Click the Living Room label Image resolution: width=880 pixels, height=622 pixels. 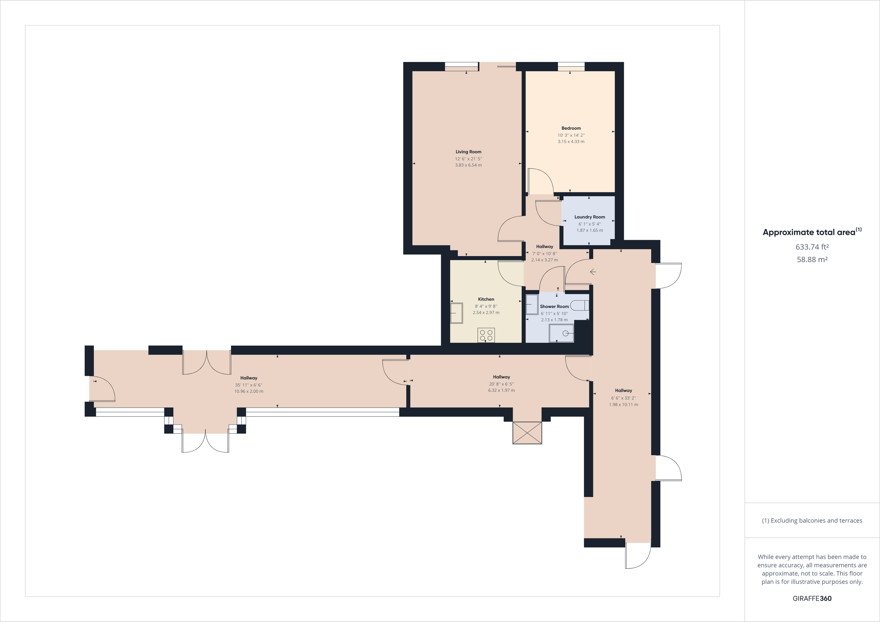[x=468, y=152]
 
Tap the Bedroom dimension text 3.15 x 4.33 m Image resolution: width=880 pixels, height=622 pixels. [x=571, y=141]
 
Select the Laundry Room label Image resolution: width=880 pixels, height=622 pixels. [x=590, y=217]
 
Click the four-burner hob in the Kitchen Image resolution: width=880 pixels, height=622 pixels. [x=486, y=335]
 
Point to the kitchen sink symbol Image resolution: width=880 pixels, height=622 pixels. [x=456, y=313]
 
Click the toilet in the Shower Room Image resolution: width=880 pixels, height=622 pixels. [x=579, y=305]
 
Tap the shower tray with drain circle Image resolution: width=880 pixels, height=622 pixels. [x=561, y=333]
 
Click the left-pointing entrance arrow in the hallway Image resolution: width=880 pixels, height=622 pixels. [x=593, y=272]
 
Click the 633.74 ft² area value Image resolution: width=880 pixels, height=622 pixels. [x=812, y=247]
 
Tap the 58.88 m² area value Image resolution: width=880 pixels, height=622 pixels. [x=812, y=260]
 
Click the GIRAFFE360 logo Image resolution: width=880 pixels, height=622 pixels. [x=812, y=598]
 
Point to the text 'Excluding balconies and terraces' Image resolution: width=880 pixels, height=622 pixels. [x=816, y=520]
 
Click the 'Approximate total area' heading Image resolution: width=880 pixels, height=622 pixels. [x=809, y=232]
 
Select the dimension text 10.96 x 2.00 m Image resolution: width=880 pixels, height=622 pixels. [x=249, y=391]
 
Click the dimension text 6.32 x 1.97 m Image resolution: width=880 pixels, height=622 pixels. [x=501, y=390]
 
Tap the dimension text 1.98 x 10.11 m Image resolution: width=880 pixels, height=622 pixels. [x=623, y=404]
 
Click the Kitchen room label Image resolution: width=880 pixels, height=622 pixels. [x=486, y=299]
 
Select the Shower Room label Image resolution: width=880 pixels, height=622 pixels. [x=554, y=306]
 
